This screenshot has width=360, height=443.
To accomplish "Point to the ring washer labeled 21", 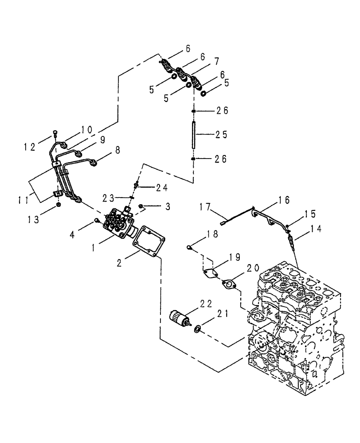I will pyautogui.click(x=197, y=328).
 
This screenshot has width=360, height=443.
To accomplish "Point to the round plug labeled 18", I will pyautogui.click(x=189, y=247).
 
